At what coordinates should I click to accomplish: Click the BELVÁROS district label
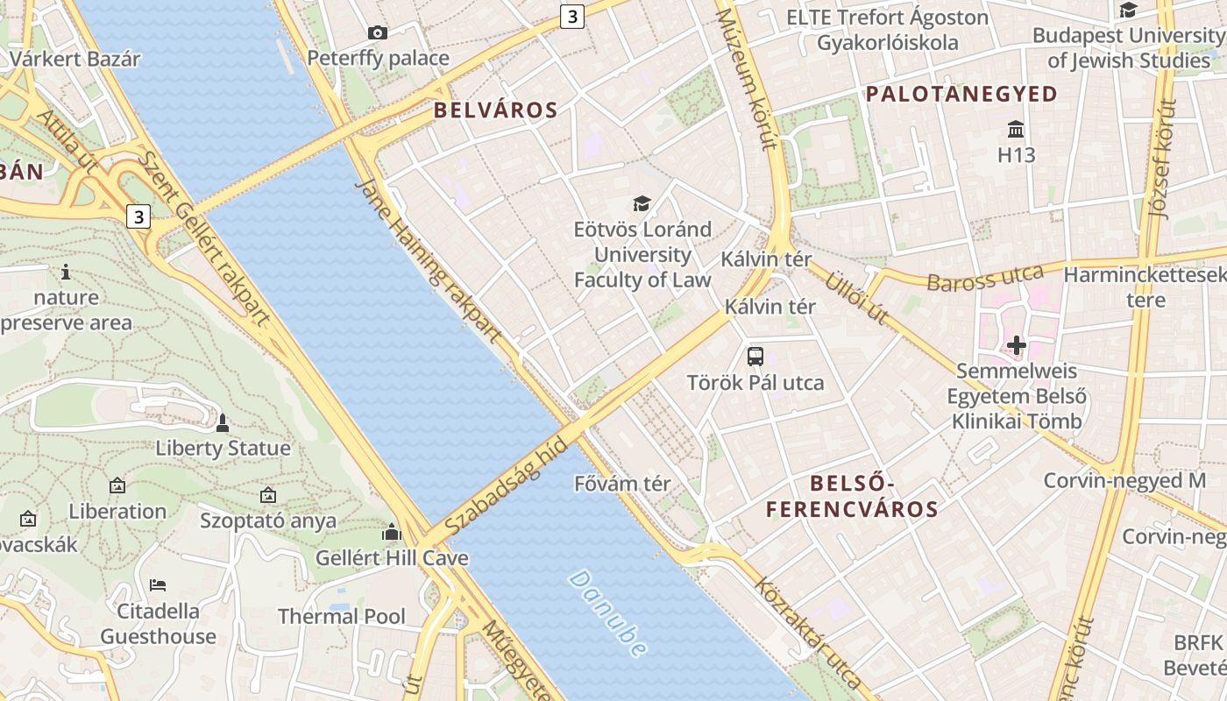[x=495, y=110]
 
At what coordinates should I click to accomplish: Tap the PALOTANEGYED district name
[x=961, y=95]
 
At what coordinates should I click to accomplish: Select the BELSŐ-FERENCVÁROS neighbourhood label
[x=852, y=496]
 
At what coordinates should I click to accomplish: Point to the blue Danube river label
[x=608, y=613]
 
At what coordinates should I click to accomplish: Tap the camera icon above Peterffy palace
[x=378, y=33]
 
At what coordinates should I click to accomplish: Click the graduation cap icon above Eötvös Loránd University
[x=642, y=204]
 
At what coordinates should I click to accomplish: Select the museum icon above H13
[x=1016, y=130]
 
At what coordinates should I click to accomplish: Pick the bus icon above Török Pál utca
[x=755, y=357]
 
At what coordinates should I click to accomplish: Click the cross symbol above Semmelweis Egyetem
[x=1017, y=345]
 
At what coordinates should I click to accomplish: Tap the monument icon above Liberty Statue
[x=223, y=423]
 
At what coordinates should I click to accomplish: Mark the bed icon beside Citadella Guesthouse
[x=158, y=584]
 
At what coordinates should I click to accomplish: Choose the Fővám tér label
[x=622, y=484]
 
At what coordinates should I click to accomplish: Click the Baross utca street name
[x=985, y=279]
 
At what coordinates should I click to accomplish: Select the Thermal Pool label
[x=342, y=616]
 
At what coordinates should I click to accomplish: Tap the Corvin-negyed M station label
[x=1124, y=480]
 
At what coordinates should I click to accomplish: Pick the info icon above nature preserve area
[x=66, y=272]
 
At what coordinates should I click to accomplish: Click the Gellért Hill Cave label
[x=392, y=558]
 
